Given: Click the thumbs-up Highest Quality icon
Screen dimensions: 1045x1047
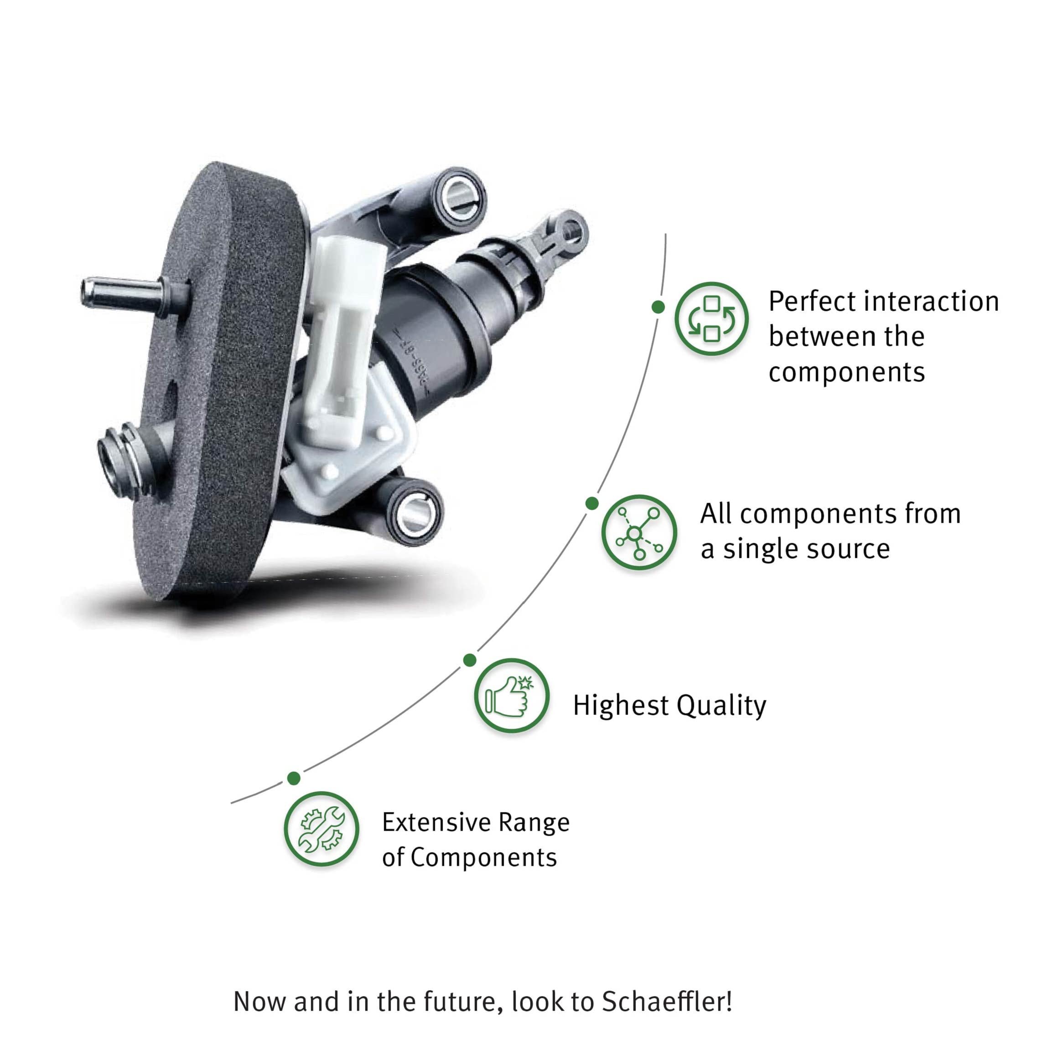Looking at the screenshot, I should pyautogui.click(x=511, y=695).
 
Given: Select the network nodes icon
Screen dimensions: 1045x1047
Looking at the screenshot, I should pyautogui.click(x=639, y=532).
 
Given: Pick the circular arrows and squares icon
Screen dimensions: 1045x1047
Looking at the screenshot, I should pyautogui.click(x=711, y=319).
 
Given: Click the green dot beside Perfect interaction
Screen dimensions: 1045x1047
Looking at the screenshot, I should pyautogui.click(x=658, y=307).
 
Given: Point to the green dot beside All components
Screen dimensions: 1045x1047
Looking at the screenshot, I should pyautogui.click(x=592, y=503).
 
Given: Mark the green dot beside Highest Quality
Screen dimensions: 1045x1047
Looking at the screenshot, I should pyautogui.click(x=470, y=660).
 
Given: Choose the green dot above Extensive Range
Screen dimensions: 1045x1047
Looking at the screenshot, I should pyautogui.click(x=294, y=778).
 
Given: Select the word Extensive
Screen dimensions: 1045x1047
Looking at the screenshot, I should pyautogui.click(x=436, y=822).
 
